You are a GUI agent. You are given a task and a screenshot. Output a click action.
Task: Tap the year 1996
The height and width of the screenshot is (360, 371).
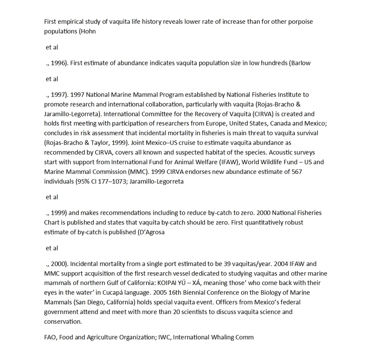60,63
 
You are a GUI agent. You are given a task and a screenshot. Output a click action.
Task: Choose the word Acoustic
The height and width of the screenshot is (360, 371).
294,153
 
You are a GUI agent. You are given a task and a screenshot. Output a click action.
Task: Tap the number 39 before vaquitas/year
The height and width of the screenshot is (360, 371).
223,264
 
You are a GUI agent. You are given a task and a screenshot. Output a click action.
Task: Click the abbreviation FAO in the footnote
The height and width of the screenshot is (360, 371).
50,337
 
